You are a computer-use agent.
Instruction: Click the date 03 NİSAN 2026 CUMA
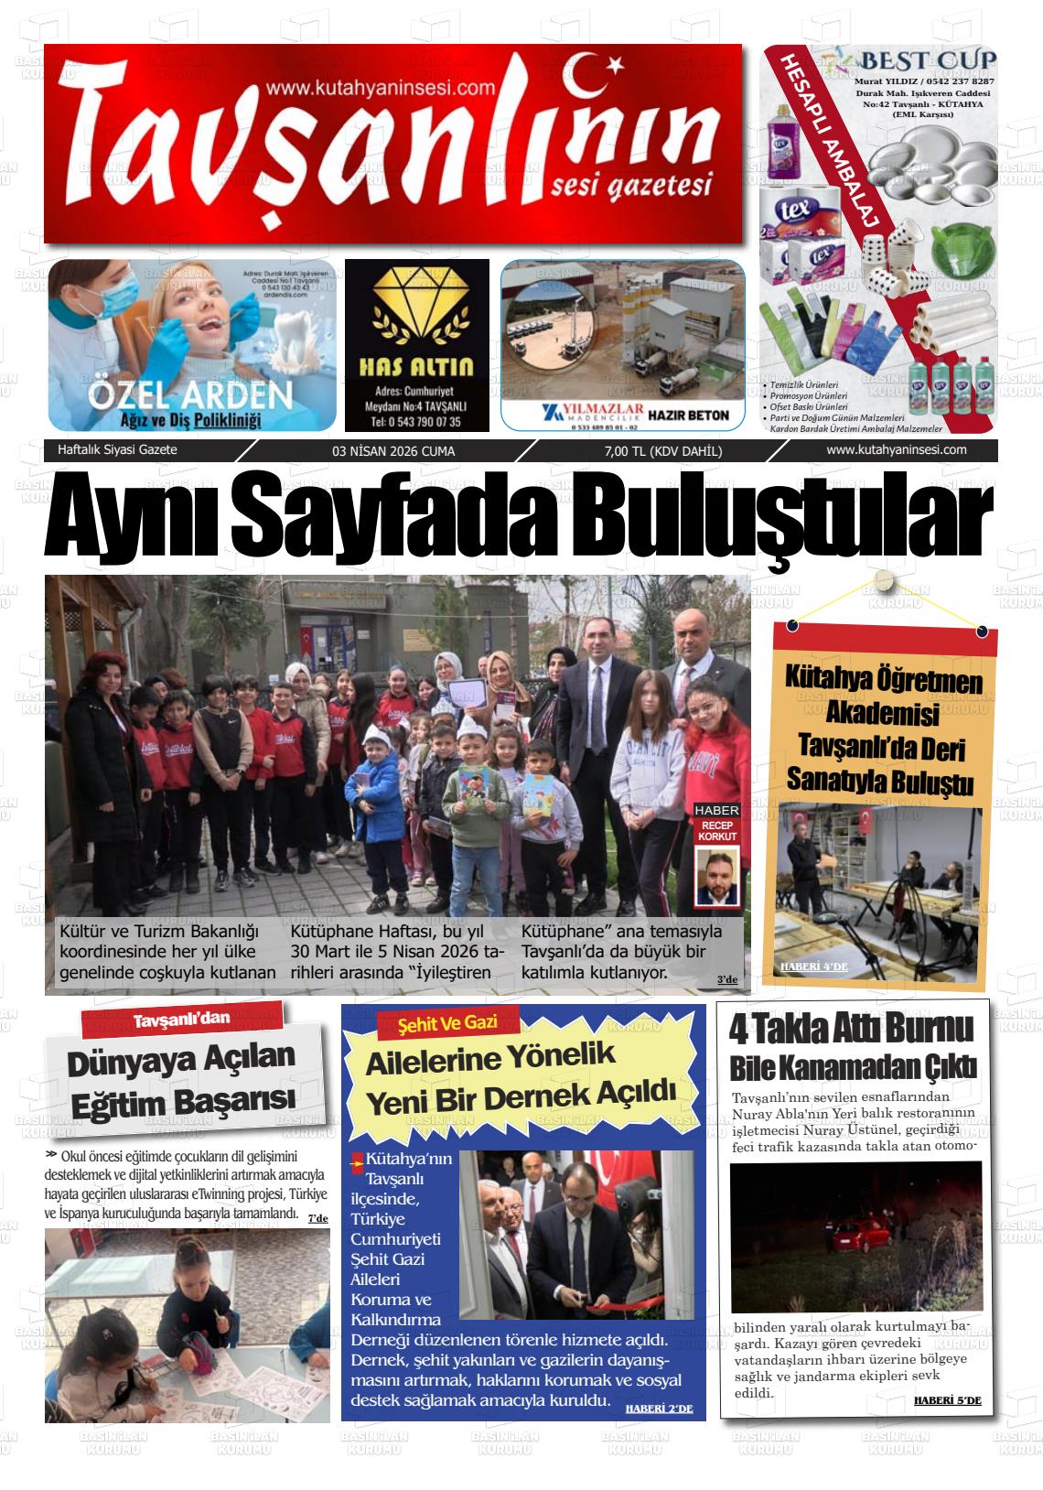pos(393,451)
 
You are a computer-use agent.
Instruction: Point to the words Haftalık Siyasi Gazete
pos(117,450)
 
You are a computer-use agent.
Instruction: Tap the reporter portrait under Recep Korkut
pos(715,877)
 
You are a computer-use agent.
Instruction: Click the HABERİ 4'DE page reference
pos(814,966)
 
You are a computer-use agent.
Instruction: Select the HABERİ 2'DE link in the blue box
pos(659,1409)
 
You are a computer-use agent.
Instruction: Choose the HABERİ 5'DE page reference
pos(947,1400)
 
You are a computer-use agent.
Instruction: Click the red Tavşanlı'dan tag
pos(181,1020)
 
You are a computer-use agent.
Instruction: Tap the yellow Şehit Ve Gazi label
pos(447,1022)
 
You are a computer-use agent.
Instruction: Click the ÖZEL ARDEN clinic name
pos(190,395)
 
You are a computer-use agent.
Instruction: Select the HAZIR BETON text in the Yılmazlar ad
pos(688,416)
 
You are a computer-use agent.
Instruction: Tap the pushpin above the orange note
pos(883,580)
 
